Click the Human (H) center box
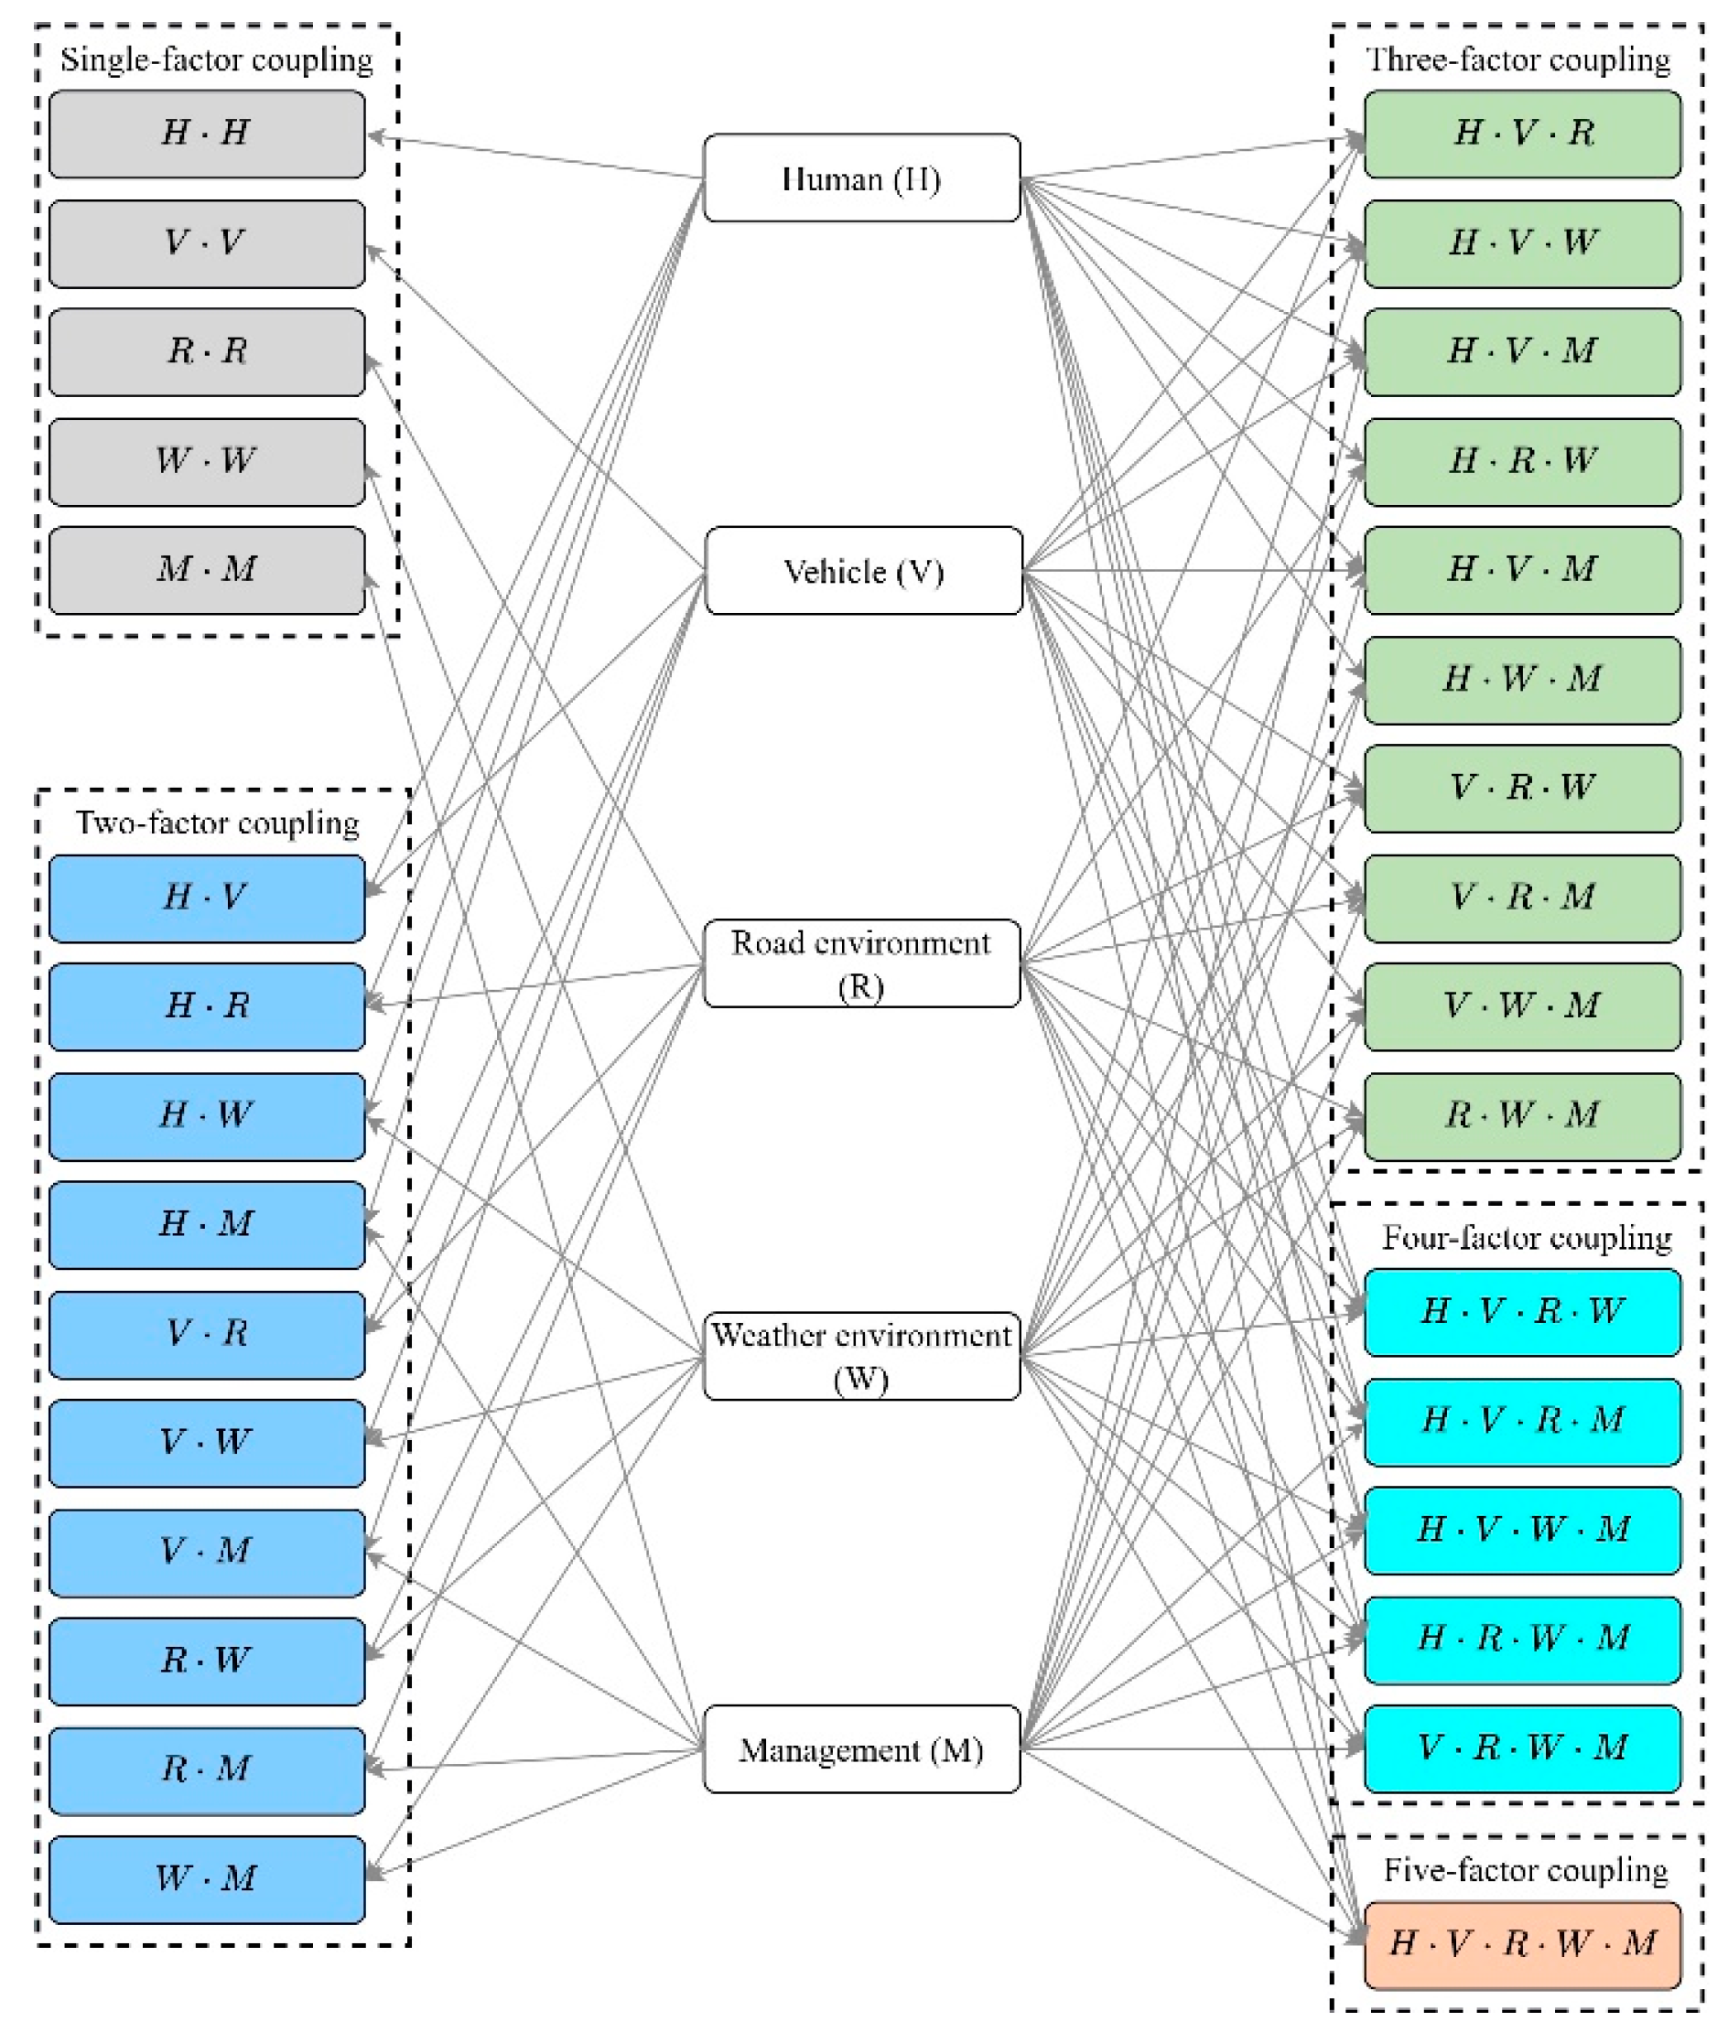[x=861, y=178]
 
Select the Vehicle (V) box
[x=863, y=571]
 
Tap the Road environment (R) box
[x=861, y=963]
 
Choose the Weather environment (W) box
[x=861, y=1357]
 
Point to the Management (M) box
[x=861, y=1749]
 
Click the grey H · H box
[x=207, y=134]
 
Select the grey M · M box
[x=207, y=570]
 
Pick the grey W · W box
[x=207, y=461]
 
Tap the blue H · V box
[x=207, y=898]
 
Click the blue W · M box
[x=207, y=1878]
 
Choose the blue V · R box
[x=207, y=1334]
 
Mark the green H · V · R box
[x=1522, y=134]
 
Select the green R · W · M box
[x=1522, y=1116]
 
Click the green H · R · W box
[x=1522, y=461]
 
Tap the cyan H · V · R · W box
[x=1522, y=1312]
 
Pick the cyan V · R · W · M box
[x=1522, y=1748]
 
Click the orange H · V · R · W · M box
[x=1522, y=1945]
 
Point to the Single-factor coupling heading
[x=217, y=60]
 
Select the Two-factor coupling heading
[x=218, y=823]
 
